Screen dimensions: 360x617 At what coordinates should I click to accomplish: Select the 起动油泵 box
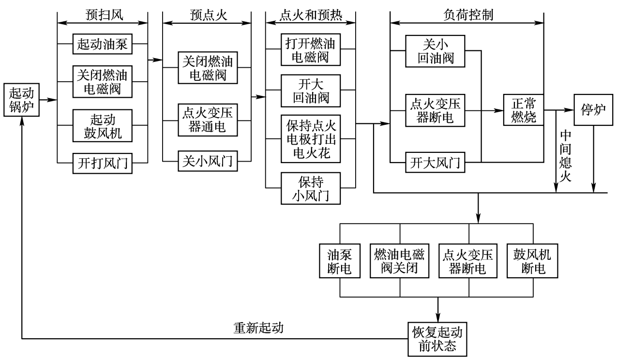click(x=103, y=44)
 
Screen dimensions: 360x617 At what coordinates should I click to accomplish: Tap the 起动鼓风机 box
click(x=103, y=126)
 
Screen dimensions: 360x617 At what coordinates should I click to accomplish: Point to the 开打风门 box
click(x=103, y=163)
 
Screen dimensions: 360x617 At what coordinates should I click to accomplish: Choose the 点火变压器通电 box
click(x=207, y=120)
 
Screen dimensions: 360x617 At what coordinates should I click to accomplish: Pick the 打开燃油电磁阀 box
click(x=311, y=49)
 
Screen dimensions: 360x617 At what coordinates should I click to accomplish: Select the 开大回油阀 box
click(x=311, y=90)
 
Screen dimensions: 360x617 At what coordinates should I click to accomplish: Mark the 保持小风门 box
click(x=311, y=188)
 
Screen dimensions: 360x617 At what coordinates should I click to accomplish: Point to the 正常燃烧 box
click(x=523, y=110)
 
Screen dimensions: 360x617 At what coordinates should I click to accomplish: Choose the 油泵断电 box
click(x=341, y=261)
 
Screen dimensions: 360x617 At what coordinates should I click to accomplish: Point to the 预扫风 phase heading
click(x=102, y=15)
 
